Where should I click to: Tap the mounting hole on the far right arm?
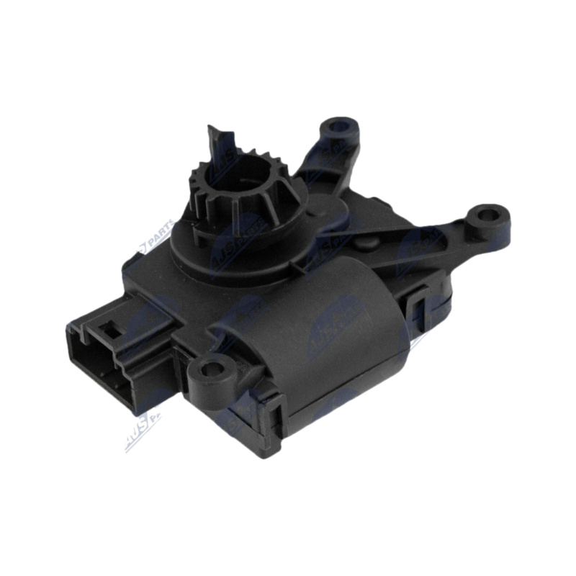pyautogui.click(x=491, y=215)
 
